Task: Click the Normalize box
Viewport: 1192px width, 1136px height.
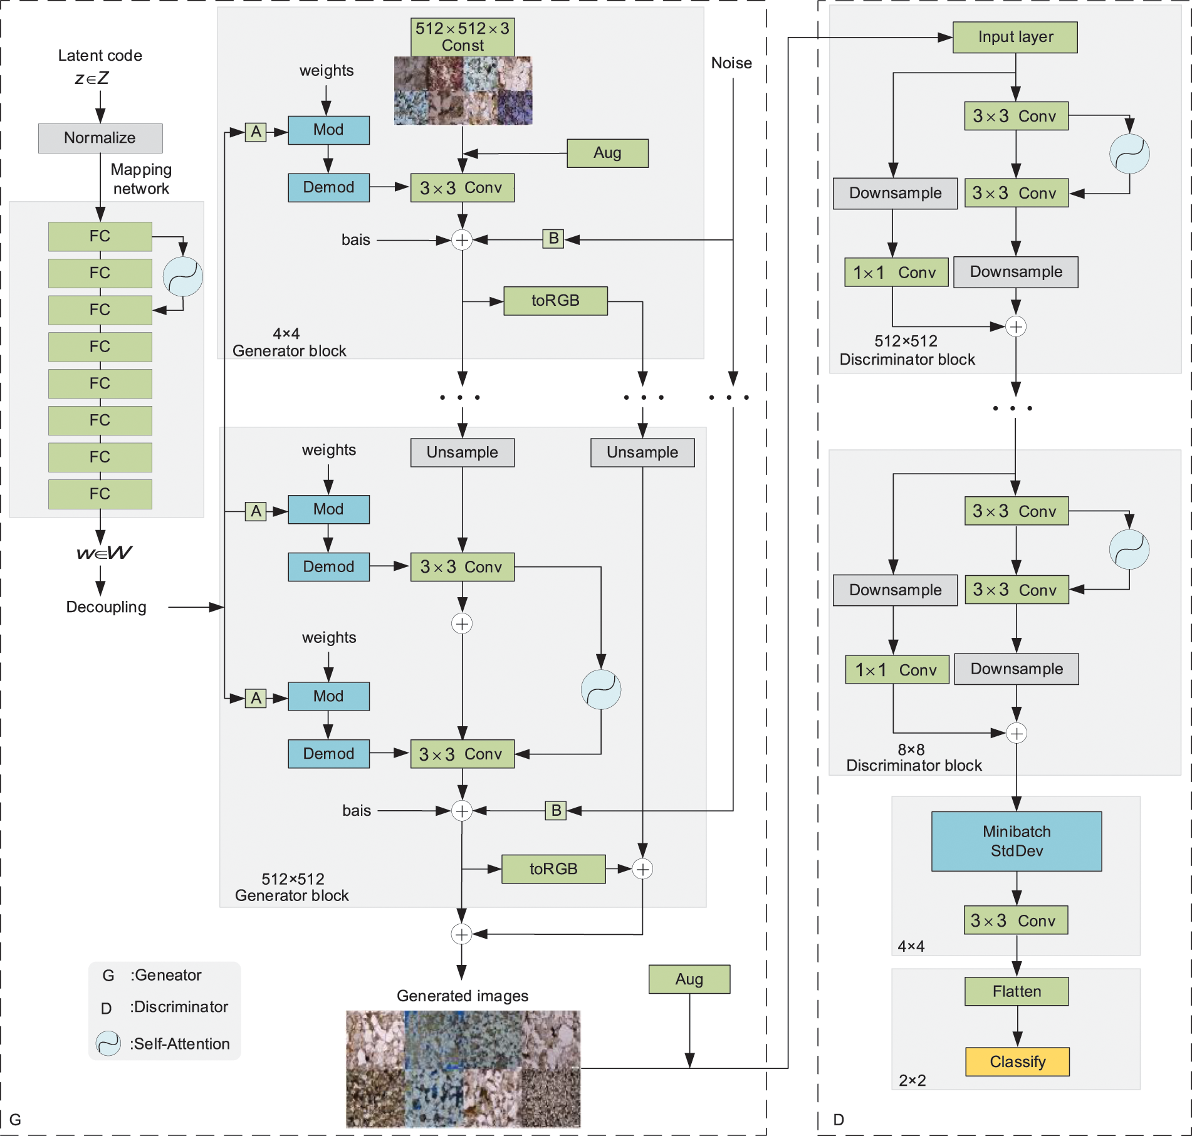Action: [100, 138]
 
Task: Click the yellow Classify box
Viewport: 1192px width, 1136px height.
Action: [1017, 1061]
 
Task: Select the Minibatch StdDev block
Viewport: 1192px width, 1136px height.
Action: [1016, 841]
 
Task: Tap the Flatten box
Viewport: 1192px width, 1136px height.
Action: [1017, 991]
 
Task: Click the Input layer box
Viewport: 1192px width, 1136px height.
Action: [1015, 37]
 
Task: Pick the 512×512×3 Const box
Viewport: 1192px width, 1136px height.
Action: [463, 37]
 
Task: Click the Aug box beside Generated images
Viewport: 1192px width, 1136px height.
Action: [689, 979]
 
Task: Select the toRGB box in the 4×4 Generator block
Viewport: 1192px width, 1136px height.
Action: [555, 301]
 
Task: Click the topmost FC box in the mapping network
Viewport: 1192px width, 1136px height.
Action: [100, 236]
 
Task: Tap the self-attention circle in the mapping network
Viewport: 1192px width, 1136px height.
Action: [183, 276]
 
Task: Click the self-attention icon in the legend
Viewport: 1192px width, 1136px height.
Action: [108, 1043]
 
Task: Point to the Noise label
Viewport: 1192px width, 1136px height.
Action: [731, 63]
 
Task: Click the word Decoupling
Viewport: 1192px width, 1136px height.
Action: [107, 607]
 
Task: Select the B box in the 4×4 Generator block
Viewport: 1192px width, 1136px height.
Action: [553, 239]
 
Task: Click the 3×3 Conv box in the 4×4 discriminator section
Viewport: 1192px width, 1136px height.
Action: [1015, 920]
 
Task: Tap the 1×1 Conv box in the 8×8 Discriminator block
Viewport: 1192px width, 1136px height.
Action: [897, 670]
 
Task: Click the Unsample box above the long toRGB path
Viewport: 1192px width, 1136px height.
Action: [642, 452]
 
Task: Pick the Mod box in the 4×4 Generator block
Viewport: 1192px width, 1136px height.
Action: [328, 130]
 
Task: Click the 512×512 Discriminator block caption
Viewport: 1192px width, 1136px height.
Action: [907, 350]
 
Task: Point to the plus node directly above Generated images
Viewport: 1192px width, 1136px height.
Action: [461, 934]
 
